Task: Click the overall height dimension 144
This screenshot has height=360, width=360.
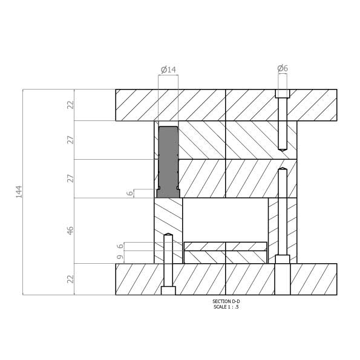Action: (19, 192)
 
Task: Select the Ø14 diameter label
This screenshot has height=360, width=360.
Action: (168, 70)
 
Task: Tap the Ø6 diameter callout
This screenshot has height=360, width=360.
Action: (283, 68)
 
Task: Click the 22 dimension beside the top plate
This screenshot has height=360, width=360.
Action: (71, 105)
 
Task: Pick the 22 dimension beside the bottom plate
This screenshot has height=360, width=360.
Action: (71, 279)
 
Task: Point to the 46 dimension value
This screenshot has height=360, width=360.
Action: (70, 231)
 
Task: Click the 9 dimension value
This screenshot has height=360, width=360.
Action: (120, 257)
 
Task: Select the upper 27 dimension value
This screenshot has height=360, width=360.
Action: (71, 140)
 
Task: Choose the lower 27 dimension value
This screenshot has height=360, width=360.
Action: (71, 178)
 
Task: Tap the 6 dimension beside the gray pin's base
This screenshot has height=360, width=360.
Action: (130, 193)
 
